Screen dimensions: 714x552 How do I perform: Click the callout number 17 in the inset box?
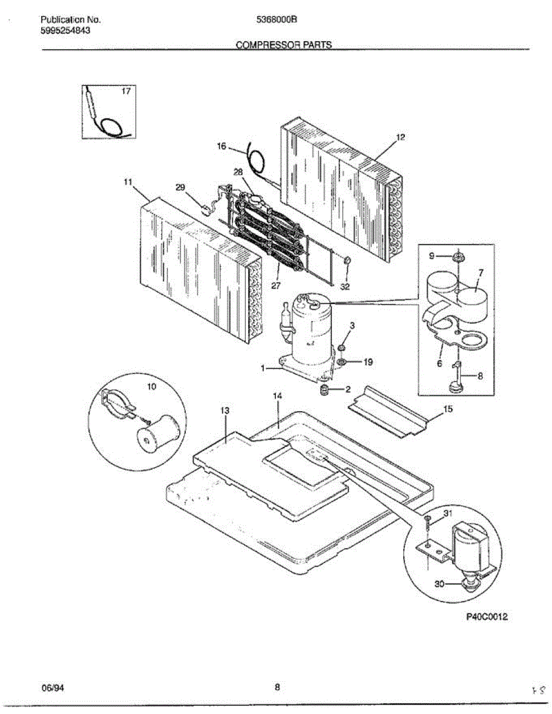pyautogui.click(x=126, y=92)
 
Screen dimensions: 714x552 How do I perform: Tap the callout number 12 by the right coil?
pyautogui.click(x=401, y=137)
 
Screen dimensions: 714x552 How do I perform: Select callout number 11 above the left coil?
pyautogui.click(x=127, y=183)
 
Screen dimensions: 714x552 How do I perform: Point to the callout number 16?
pyautogui.click(x=222, y=146)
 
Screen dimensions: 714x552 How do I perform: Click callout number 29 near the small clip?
pyautogui.click(x=180, y=187)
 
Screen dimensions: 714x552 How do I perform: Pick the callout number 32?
pyautogui.click(x=345, y=286)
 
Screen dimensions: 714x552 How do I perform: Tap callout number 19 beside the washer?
pyautogui.click(x=369, y=362)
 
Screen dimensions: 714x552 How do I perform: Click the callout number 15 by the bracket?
pyautogui.click(x=448, y=409)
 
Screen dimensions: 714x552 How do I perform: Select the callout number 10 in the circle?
pyautogui.click(x=151, y=387)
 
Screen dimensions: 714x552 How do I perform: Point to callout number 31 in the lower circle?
pyautogui.click(x=448, y=513)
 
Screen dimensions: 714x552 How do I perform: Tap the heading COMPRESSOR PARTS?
pyautogui.click(x=284, y=45)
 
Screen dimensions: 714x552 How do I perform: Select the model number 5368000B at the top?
pyautogui.click(x=277, y=19)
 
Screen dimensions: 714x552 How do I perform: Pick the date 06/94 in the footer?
pyautogui.click(x=53, y=688)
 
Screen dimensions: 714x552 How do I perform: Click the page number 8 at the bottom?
pyautogui.click(x=277, y=688)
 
